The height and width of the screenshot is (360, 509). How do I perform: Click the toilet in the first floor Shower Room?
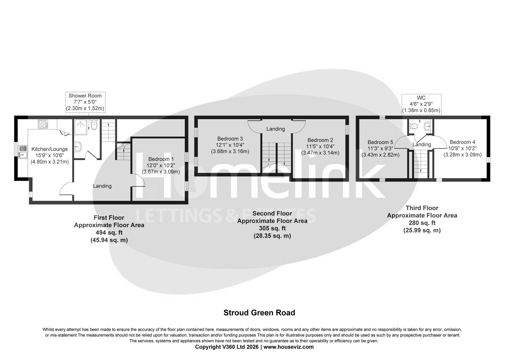pyautogui.click(x=94, y=125)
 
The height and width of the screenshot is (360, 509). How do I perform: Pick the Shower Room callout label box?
pyautogui.click(x=85, y=102)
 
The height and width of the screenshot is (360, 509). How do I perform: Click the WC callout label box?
pyautogui.click(x=421, y=104)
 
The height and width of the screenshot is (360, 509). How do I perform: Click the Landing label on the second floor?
pyautogui.click(x=275, y=129)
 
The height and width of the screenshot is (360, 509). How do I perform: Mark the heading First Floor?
pyautogui.click(x=109, y=218)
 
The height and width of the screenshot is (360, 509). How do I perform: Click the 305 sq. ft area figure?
pyautogui.click(x=272, y=228)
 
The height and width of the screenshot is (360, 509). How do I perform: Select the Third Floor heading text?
pyautogui.click(x=422, y=208)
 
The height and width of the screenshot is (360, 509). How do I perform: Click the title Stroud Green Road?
pyautogui.click(x=259, y=313)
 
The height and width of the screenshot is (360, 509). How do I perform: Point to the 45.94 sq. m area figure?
pyautogui.click(x=109, y=240)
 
